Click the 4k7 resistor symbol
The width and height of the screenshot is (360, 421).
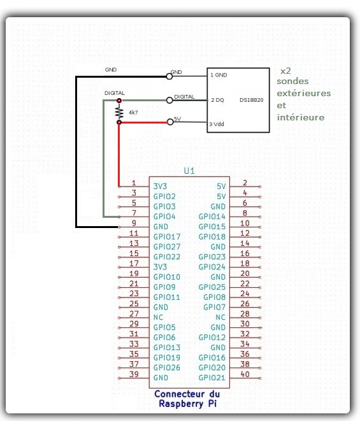click(119, 111)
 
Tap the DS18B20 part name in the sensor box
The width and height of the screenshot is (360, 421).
click(252, 100)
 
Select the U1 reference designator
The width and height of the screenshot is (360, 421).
click(189, 171)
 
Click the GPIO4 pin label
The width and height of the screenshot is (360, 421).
click(164, 217)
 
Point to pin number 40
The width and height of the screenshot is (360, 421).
click(245, 374)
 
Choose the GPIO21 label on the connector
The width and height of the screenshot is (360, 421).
click(212, 378)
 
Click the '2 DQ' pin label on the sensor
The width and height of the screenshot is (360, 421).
click(217, 100)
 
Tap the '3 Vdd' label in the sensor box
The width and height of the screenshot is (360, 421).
click(217, 124)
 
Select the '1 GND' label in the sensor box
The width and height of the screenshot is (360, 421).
click(219, 75)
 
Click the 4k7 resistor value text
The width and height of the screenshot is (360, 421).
click(133, 113)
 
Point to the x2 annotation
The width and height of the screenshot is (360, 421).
click(285, 71)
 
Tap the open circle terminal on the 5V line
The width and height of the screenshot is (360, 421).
click(170, 122)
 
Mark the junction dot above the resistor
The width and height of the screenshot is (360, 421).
click(119, 101)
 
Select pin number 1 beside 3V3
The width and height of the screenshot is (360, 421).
click(134, 183)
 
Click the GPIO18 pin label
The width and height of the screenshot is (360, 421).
click(212, 237)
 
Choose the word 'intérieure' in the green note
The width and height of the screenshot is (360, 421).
click(301, 117)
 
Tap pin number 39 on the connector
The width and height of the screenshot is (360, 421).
click(134, 374)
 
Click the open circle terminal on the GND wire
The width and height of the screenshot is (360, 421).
click(169, 76)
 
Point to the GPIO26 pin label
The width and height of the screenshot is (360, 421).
click(167, 367)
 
